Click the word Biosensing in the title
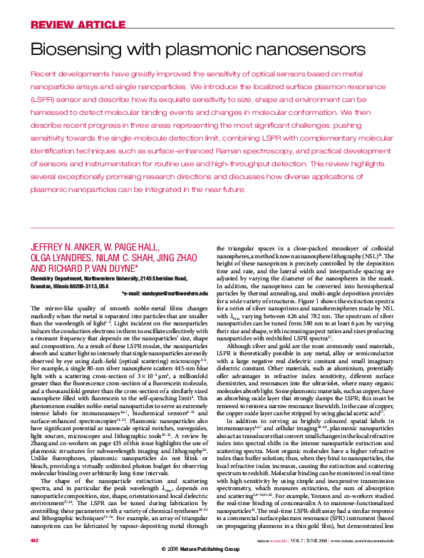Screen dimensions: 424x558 click(74, 49)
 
